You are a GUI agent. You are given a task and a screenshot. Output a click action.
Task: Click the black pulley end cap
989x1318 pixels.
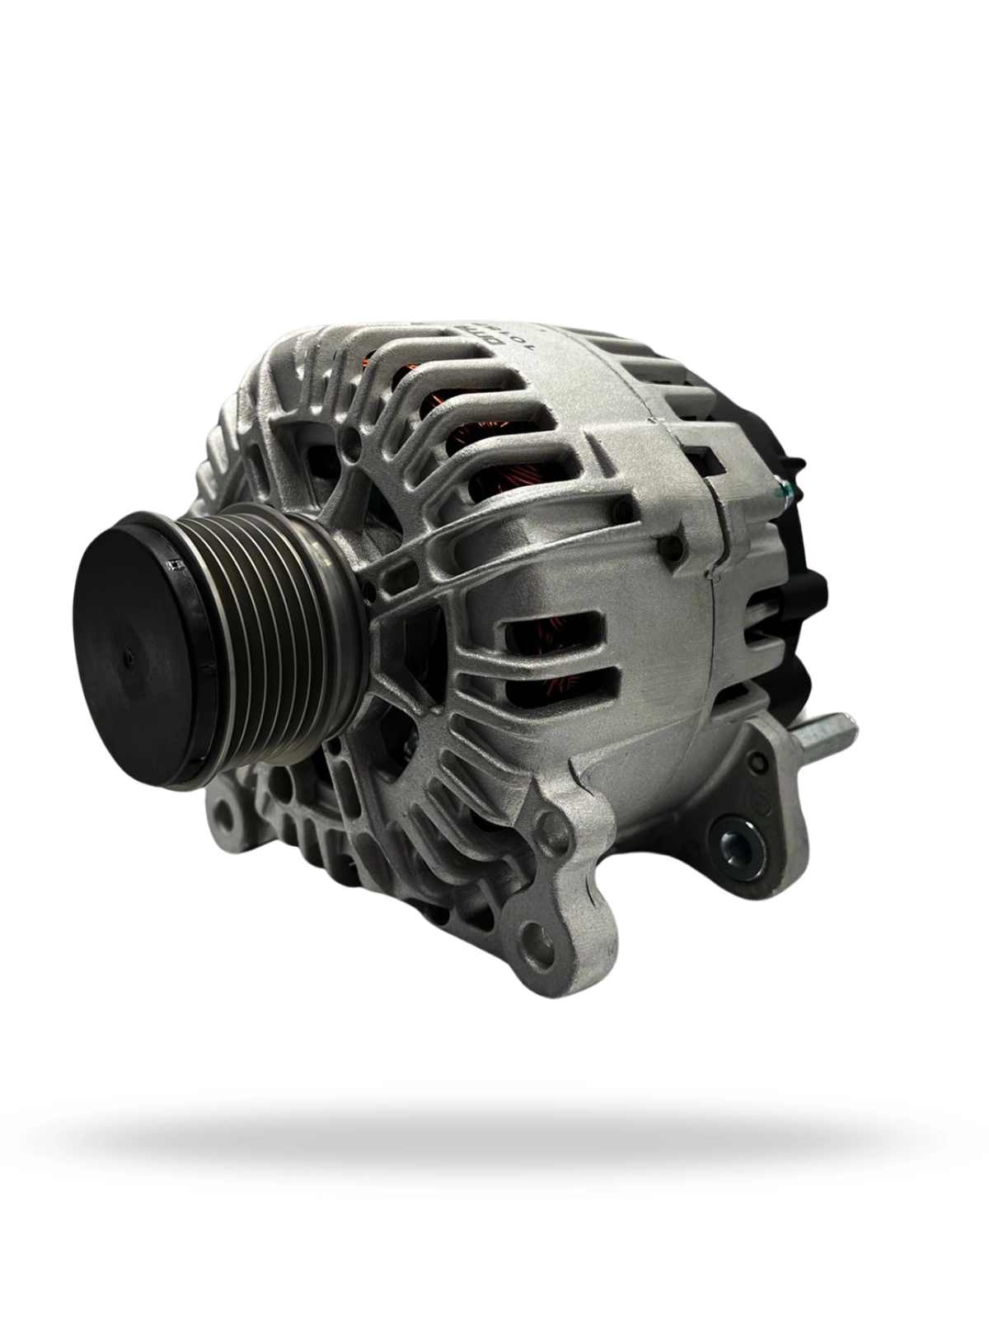click(136, 651)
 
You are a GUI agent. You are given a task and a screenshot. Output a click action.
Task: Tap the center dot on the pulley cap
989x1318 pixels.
click(128, 657)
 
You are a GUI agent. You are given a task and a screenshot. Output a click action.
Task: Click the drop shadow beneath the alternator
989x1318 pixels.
click(494, 1137)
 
